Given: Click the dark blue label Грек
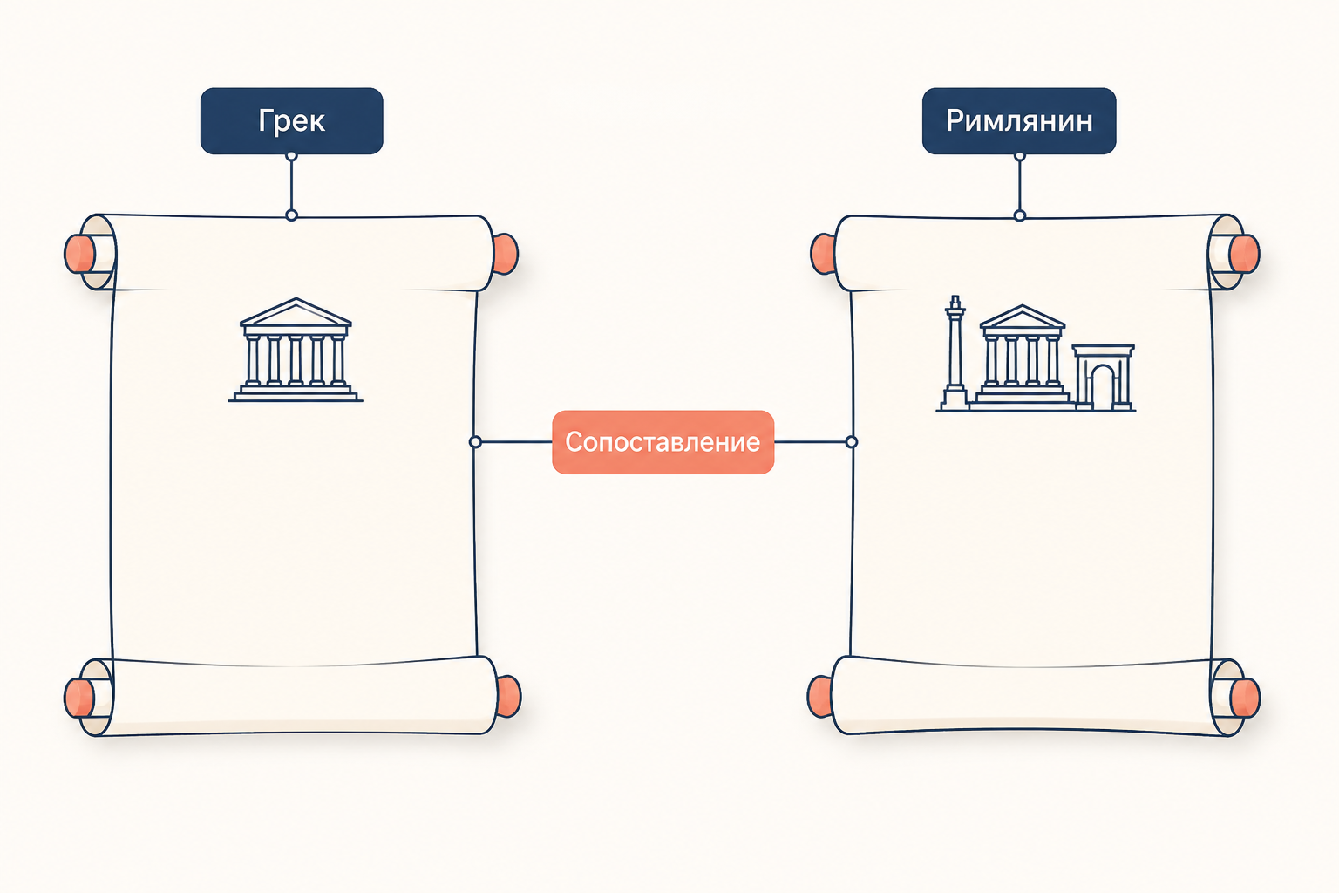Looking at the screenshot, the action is coord(292,121).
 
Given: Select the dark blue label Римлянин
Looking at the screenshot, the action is coord(1018,121).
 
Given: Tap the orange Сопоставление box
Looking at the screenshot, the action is coord(663,442).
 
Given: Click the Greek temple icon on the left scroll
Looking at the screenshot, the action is coord(296,350).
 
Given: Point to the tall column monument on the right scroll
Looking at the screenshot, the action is coord(955,353).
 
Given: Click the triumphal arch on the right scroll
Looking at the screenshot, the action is coord(1103,377).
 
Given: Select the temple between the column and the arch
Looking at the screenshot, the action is coord(1023,357).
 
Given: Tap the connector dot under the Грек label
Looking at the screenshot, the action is coord(292,156).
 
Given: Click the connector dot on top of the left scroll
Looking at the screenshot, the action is coord(292,215).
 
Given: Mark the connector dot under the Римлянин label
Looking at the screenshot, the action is coord(1020,156).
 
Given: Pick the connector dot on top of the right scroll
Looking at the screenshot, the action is coord(1020,215).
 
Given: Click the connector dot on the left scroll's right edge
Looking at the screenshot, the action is coord(475,442).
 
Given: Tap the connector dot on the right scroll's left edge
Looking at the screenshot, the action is coord(852,442).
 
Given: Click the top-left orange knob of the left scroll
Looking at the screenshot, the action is coord(79,254).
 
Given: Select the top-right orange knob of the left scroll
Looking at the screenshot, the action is coord(505,254).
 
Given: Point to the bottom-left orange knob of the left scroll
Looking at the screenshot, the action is coord(79,698).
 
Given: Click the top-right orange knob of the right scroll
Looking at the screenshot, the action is coord(1245,254).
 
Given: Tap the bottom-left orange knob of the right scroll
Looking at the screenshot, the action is coord(819,696).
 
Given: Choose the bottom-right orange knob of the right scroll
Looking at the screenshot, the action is coord(1245,698).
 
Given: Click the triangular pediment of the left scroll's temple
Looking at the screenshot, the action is coord(296,312).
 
